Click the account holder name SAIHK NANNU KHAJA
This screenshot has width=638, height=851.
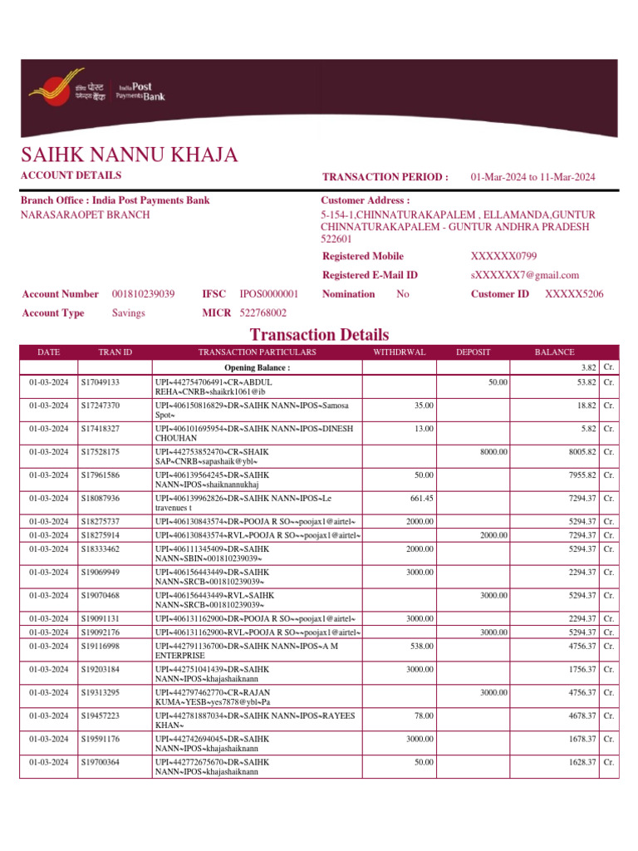click(129, 155)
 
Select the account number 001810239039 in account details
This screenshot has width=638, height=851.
click(143, 294)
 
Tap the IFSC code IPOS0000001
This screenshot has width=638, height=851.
click(268, 294)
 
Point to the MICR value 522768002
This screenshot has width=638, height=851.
click(263, 313)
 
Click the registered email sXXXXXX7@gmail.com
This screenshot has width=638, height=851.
click(524, 275)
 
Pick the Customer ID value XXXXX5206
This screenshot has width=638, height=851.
click(574, 294)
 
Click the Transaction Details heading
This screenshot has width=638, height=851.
click(319, 335)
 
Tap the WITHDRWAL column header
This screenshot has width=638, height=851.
click(399, 352)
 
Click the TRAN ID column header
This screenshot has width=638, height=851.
click(115, 352)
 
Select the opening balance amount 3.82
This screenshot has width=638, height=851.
click(587, 367)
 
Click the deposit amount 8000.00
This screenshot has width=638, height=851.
click(493, 452)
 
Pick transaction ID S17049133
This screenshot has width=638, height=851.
click(101, 382)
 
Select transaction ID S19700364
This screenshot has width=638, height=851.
click(101, 762)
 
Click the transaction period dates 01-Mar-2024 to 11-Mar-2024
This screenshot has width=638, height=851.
click(532, 177)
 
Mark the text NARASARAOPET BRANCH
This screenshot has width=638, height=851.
click(85, 214)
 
